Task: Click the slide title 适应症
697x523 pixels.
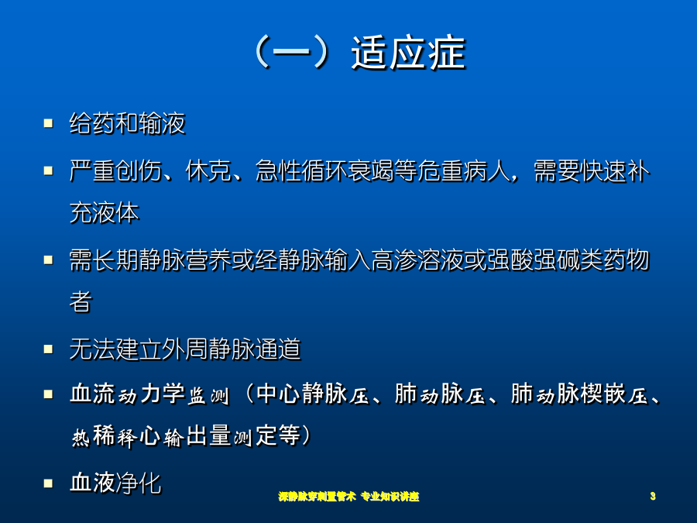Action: pyautogui.click(x=408, y=53)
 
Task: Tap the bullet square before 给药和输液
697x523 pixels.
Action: pyautogui.click(x=49, y=123)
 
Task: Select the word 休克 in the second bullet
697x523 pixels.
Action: pyautogui.click(x=208, y=170)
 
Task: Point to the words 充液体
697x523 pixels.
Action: pyautogui.click(x=105, y=212)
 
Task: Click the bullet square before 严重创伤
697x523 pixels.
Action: pyautogui.click(x=49, y=170)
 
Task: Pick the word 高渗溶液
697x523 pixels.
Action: pyautogui.click(x=417, y=260)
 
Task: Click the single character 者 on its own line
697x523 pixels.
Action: pyautogui.click(x=81, y=301)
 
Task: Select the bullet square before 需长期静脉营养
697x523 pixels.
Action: pyautogui.click(x=49, y=260)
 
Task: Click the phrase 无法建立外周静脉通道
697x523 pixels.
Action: pyautogui.click(x=185, y=349)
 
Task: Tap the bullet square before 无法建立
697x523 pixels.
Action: pyautogui.click(x=49, y=349)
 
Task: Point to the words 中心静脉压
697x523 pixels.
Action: pyautogui.click(x=313, y=394)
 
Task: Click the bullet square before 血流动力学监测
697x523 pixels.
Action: pyautogui.click(x=49, y=394)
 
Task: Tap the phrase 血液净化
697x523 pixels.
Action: pyautogui.click(x=115, y=483)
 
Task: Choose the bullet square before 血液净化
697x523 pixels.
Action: pyautogui.click(x=49, y=483)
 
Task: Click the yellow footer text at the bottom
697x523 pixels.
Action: pyautogui.click(x=349, y=497)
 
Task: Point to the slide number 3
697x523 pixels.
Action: pyautogui.click(x=653, y=496)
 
